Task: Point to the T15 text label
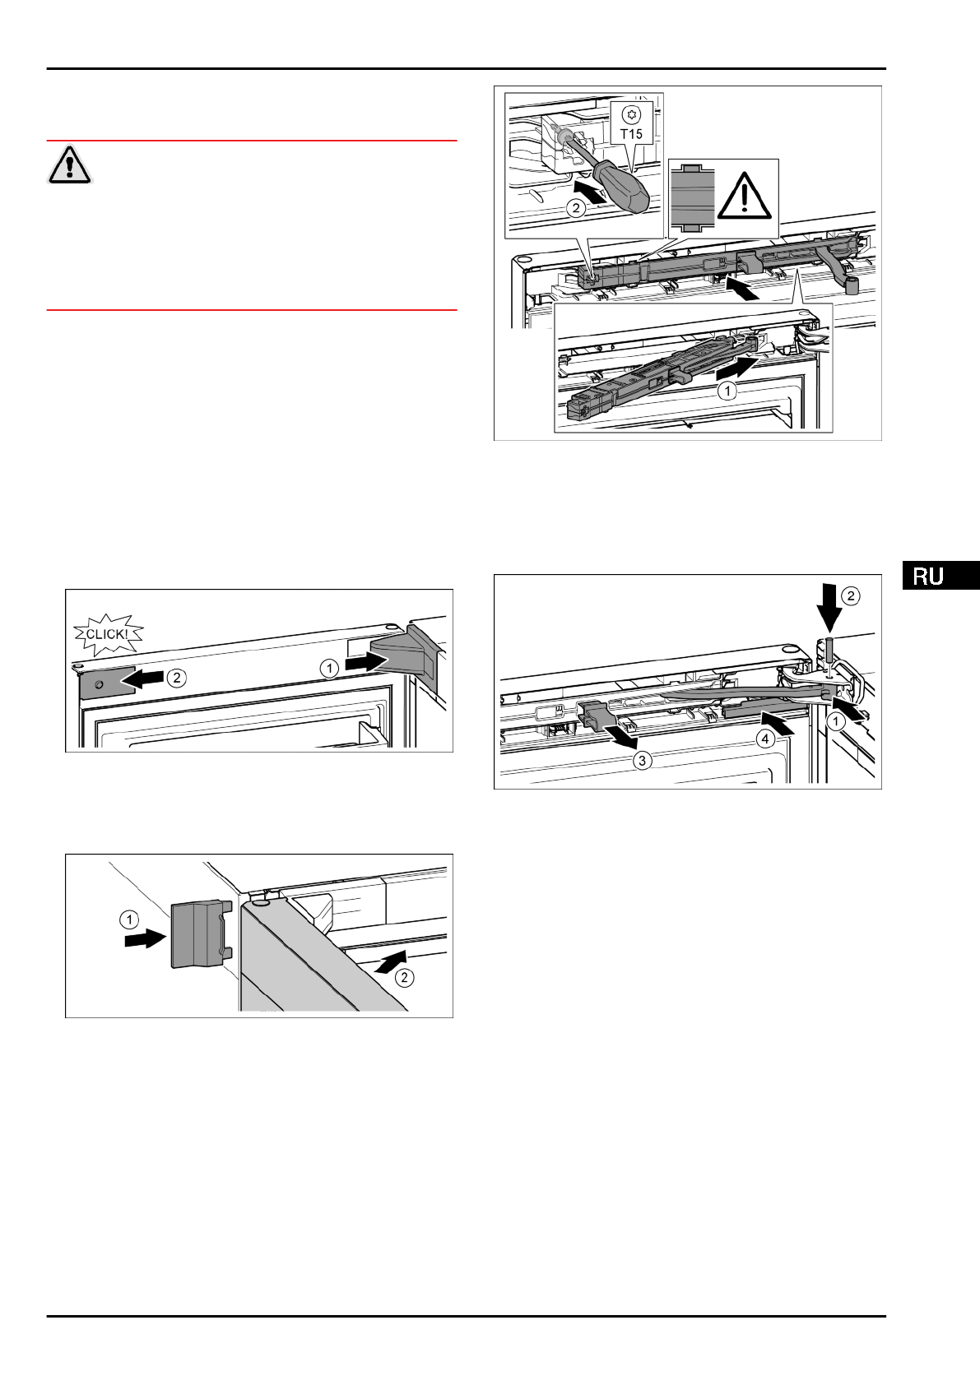click(631, 132)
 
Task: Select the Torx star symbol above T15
click(631, 114)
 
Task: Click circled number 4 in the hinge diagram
click(766, 739)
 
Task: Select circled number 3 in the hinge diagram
click(642, 761)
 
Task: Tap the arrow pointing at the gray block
click(142, 939)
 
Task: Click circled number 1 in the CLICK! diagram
click(328, 669)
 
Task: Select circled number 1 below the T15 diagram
click(727, 392)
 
